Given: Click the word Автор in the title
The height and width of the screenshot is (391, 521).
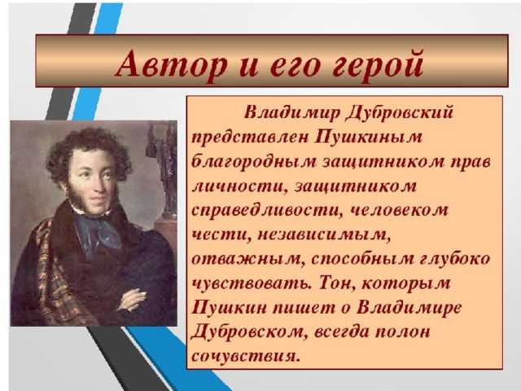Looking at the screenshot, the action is pos(172,64).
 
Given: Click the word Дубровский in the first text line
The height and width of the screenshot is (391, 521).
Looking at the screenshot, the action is pos(400,113).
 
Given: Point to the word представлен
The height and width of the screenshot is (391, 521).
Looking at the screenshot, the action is pos(250,137).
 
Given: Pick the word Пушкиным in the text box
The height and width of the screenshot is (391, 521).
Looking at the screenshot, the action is pos(369,136).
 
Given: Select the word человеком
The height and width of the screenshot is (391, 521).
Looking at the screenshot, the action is pos(400,211).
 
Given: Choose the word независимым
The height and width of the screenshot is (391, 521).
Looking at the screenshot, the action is pos(324,235).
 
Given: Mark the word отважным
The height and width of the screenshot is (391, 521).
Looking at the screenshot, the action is pos(247,260).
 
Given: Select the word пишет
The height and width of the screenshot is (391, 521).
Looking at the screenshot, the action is pos(304,308).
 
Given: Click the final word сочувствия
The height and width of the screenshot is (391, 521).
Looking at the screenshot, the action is pos(246,357).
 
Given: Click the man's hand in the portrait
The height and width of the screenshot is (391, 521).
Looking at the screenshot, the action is pos(132,299).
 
